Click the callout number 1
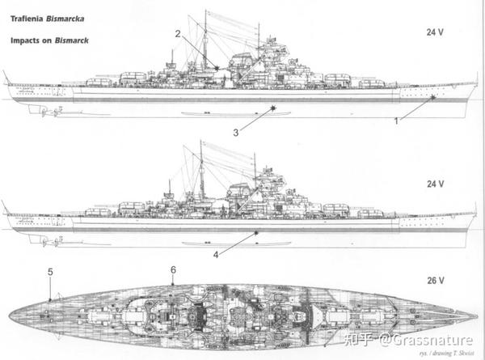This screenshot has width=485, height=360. coord(396,121)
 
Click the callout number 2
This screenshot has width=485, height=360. coord(178,34)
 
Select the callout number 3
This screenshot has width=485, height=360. coord(236,133)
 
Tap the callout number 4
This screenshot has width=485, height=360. coord(216,255)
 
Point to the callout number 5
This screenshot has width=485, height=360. coord(50,272)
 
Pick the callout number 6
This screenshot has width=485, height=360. coord(173,270)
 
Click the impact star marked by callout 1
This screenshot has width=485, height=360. coord(433,98)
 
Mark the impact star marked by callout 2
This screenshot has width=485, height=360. coord(217,68)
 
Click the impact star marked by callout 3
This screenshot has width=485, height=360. coord(273,108)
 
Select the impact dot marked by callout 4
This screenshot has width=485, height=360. coord(255,233)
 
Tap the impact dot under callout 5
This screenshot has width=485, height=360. coord(50,299)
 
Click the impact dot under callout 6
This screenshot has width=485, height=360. coord(173,284)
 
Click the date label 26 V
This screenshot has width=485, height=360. coord(435,281)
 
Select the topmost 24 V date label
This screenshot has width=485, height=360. coord(435,32)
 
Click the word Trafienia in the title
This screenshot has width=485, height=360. coord(27,19)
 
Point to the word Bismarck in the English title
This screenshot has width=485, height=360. coord(72,40)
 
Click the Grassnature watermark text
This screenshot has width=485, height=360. coord(426,341)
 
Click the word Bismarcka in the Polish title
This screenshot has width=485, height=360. coord(65,19)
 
